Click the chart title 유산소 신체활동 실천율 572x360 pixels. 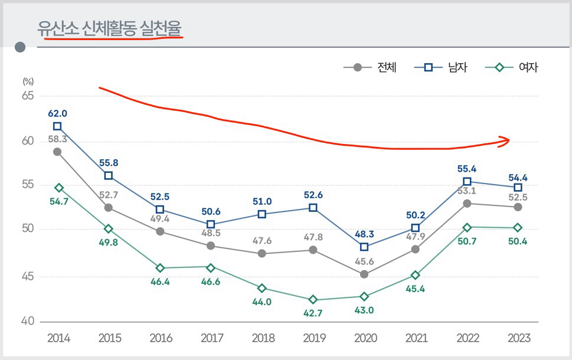[x=109, y=28]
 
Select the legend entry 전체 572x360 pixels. [x=387, y=67]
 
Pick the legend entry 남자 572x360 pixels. [x=457, y=67]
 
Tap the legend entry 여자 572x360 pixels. [x=528, y=67]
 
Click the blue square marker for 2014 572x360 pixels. [x=57, y=126]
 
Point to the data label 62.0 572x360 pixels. [x=57, y=113]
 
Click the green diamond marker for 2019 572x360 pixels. [x=313, y=300]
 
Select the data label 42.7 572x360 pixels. [x=313, y=313]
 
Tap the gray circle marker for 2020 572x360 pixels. [x=364, y=274]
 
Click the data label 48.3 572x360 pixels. [x=364, y=234]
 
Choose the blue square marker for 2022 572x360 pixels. [x=467, y=182]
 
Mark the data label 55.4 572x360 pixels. [x=467, y=169]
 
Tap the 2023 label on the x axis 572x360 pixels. [x=518, y=339]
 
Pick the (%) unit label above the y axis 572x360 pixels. [x=28, y=81]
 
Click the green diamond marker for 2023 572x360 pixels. [x=518, y=228]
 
